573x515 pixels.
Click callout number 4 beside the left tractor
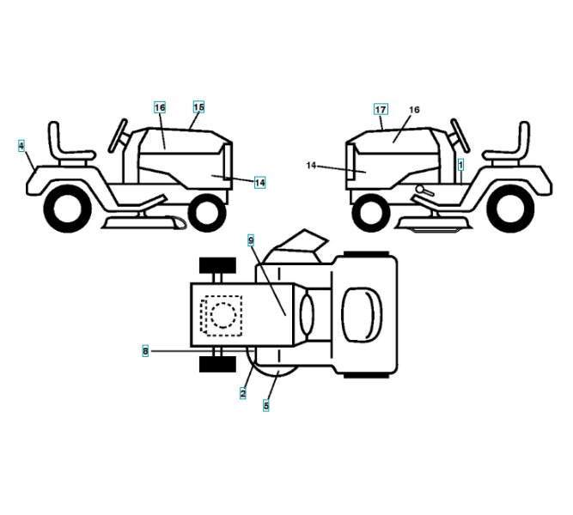21,147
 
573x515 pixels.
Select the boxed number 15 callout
198,107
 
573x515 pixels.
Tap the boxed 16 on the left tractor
160,107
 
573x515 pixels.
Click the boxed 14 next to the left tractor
259,182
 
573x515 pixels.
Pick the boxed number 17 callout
381,109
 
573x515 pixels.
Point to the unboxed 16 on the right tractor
414,110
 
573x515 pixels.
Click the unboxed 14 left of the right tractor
311,164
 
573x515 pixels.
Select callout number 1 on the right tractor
460,162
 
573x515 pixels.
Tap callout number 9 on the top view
251,240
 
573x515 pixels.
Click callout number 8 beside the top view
145,350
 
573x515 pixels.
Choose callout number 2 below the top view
243,392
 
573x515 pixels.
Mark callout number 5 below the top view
266,405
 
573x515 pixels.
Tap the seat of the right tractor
512,145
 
